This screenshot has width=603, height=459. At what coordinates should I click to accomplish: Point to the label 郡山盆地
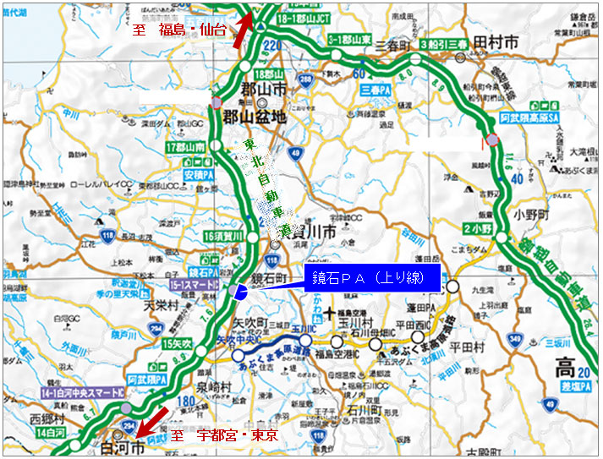252,117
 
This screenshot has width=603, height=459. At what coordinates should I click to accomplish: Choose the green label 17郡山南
187,147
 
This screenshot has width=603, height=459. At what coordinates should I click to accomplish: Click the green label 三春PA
374,89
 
